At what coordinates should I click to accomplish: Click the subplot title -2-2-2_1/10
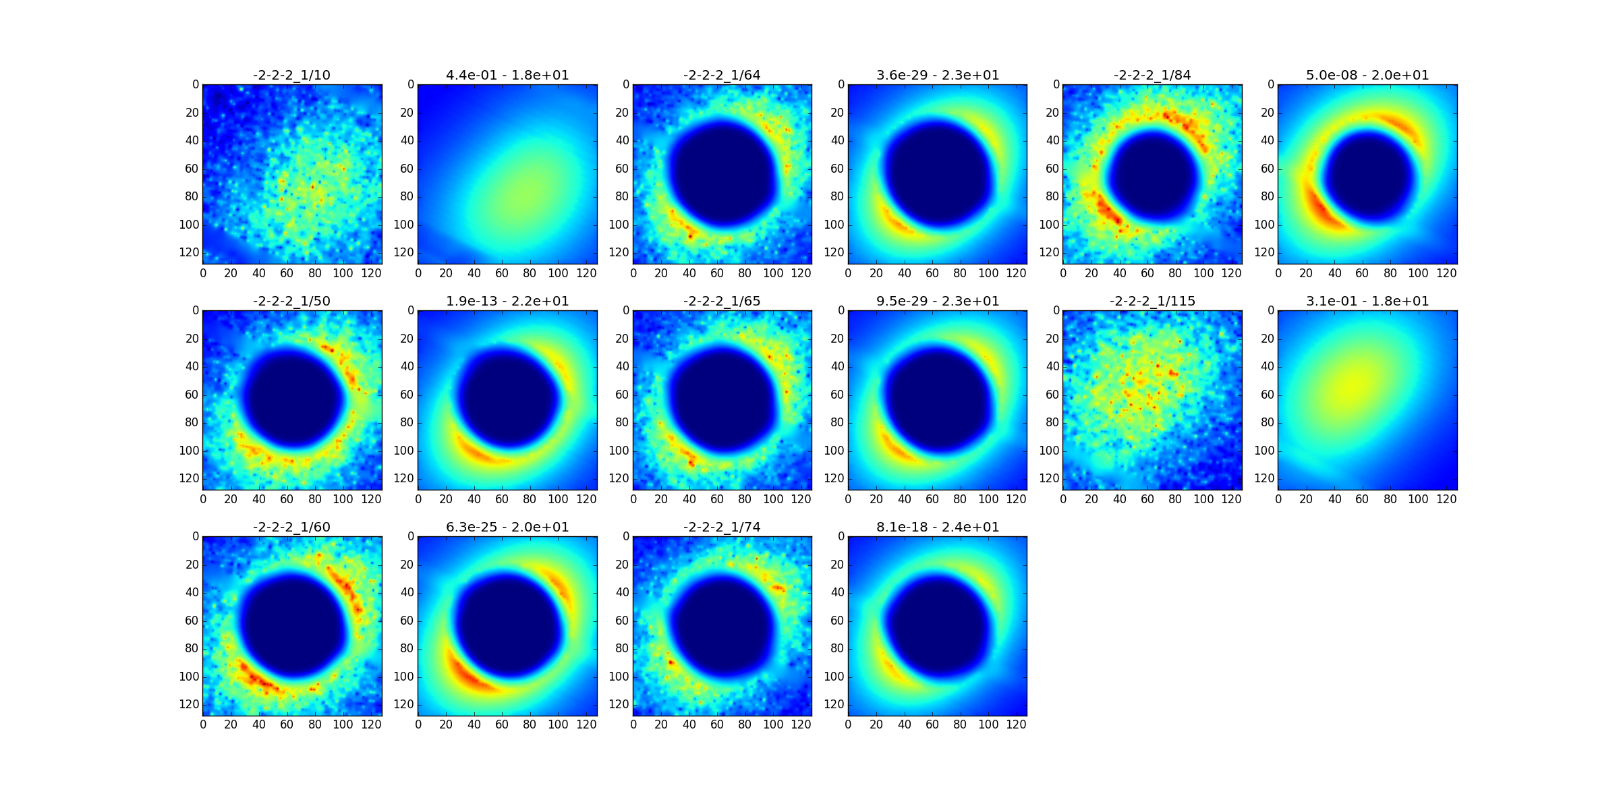tap(291, 75)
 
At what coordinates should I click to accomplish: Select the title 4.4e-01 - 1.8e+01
tap(507, 75)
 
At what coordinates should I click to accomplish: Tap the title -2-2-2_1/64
tap(722, 75)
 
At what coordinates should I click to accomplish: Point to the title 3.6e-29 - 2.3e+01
tap(938, 75)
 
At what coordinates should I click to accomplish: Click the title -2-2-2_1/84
tap(1152, 75)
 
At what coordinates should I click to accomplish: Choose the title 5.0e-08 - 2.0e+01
tap(1367, 75)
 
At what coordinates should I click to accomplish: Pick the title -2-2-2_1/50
tap(291, 301)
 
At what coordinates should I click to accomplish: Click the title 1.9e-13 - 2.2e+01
tap(507, 301)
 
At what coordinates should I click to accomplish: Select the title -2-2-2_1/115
tap(1152, 301)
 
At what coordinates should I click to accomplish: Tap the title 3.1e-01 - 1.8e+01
tap(1367, 301)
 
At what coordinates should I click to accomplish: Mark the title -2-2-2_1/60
tap(291, 527)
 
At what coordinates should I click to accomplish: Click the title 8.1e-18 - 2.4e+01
tap(938, 527)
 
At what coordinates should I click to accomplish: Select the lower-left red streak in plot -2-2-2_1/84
tap(1106, 209)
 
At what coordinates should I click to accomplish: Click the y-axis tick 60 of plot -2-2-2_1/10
tap(192, 169)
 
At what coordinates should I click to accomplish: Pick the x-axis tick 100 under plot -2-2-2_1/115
tap(1203, 499)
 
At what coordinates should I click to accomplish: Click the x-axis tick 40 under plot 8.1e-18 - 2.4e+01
tap(904, 724)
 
